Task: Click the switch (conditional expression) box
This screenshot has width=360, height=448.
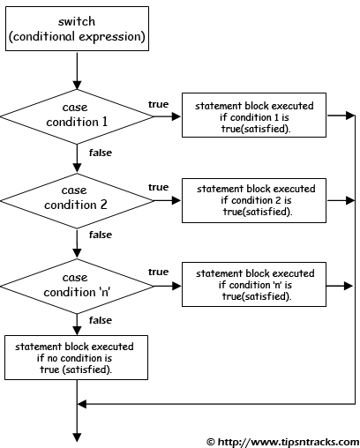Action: coord(77,28)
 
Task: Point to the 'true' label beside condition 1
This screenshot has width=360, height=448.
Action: coord(159,105)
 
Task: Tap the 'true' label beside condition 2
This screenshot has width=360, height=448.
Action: coord(159,187)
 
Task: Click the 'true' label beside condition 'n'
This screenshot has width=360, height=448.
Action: coord(159,272)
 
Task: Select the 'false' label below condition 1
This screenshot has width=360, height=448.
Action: coord(101,153)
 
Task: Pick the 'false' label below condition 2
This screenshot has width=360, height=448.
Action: coord(101,235)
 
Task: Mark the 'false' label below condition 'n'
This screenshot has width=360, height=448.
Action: coord(101,319)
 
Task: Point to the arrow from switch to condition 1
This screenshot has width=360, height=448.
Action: coord(78,66)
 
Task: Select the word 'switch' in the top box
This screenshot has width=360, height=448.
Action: coord(77,20)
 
